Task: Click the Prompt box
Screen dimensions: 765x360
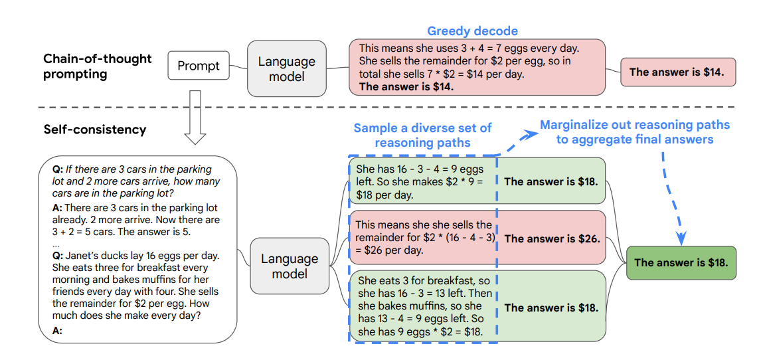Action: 198,65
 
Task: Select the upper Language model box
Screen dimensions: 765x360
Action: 287,68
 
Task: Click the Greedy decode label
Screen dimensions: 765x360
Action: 472,31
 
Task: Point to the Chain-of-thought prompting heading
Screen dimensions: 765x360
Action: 98,66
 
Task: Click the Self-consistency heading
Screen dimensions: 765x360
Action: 95,130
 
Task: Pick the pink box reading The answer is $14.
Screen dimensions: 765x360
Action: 677,72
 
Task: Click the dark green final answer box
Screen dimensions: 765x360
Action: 681,262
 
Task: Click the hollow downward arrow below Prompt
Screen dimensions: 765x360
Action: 196,117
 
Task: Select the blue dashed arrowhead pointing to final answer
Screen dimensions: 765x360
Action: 681,238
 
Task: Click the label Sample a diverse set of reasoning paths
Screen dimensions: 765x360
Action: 422,135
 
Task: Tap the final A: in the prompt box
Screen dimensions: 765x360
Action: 58,331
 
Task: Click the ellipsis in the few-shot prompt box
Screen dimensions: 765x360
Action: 55,244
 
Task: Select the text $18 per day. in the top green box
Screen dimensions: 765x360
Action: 384,195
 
